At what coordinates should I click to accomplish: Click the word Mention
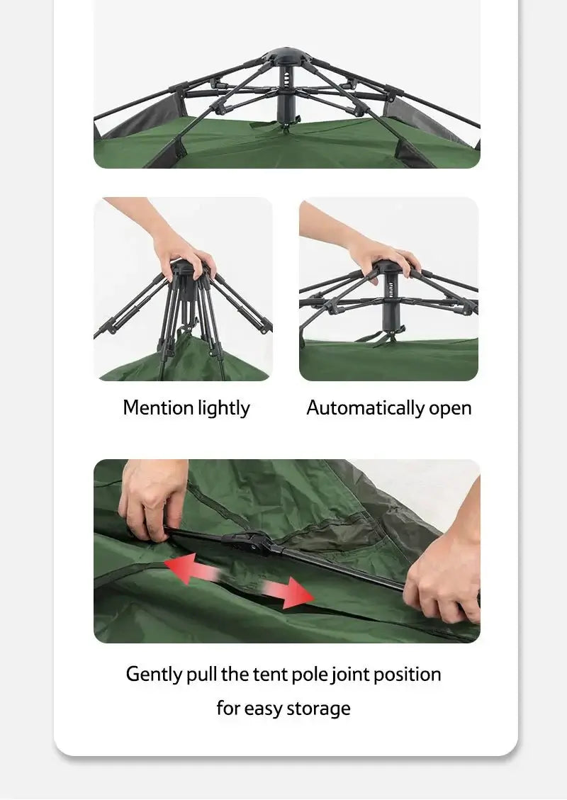coord(158,407)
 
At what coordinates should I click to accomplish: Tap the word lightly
coord(224,409)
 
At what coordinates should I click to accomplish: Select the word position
coord(408,675)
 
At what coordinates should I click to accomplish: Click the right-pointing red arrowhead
coord(297,593)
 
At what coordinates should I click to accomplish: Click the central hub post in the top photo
coord(286,93)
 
